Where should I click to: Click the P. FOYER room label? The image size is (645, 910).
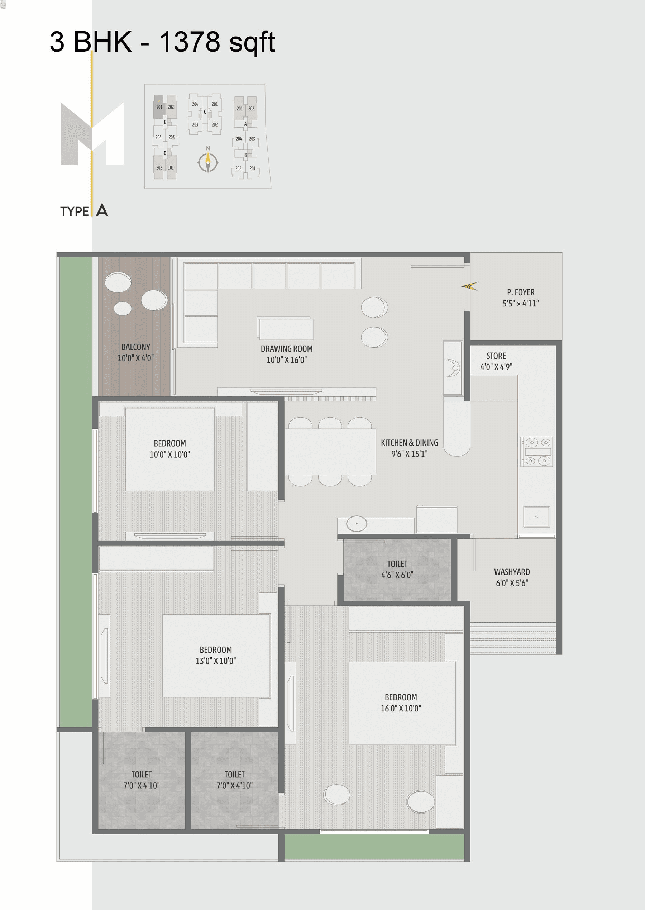click(520, 297)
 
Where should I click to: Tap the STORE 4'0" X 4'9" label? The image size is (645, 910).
click(496, 361)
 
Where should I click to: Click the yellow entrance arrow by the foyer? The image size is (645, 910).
click(469, 286)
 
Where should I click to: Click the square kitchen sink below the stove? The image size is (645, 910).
click(536, 517)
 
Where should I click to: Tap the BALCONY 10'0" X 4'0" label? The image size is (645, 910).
click(135, 352)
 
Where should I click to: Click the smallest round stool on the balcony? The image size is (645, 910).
click(122, 308)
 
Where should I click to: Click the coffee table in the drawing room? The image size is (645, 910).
click(286, 329)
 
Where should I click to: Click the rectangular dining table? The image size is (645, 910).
click(330, 452)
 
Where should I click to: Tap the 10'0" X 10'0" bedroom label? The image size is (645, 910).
click(169, 449)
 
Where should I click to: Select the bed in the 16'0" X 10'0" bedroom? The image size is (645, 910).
click(402, 703)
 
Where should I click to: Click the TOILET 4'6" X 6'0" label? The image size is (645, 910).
click(397, 569)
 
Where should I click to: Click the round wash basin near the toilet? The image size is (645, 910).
click(356, 524)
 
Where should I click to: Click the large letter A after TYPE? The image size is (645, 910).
click(102, 210)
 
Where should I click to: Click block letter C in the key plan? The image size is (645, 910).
click(205, 112)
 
